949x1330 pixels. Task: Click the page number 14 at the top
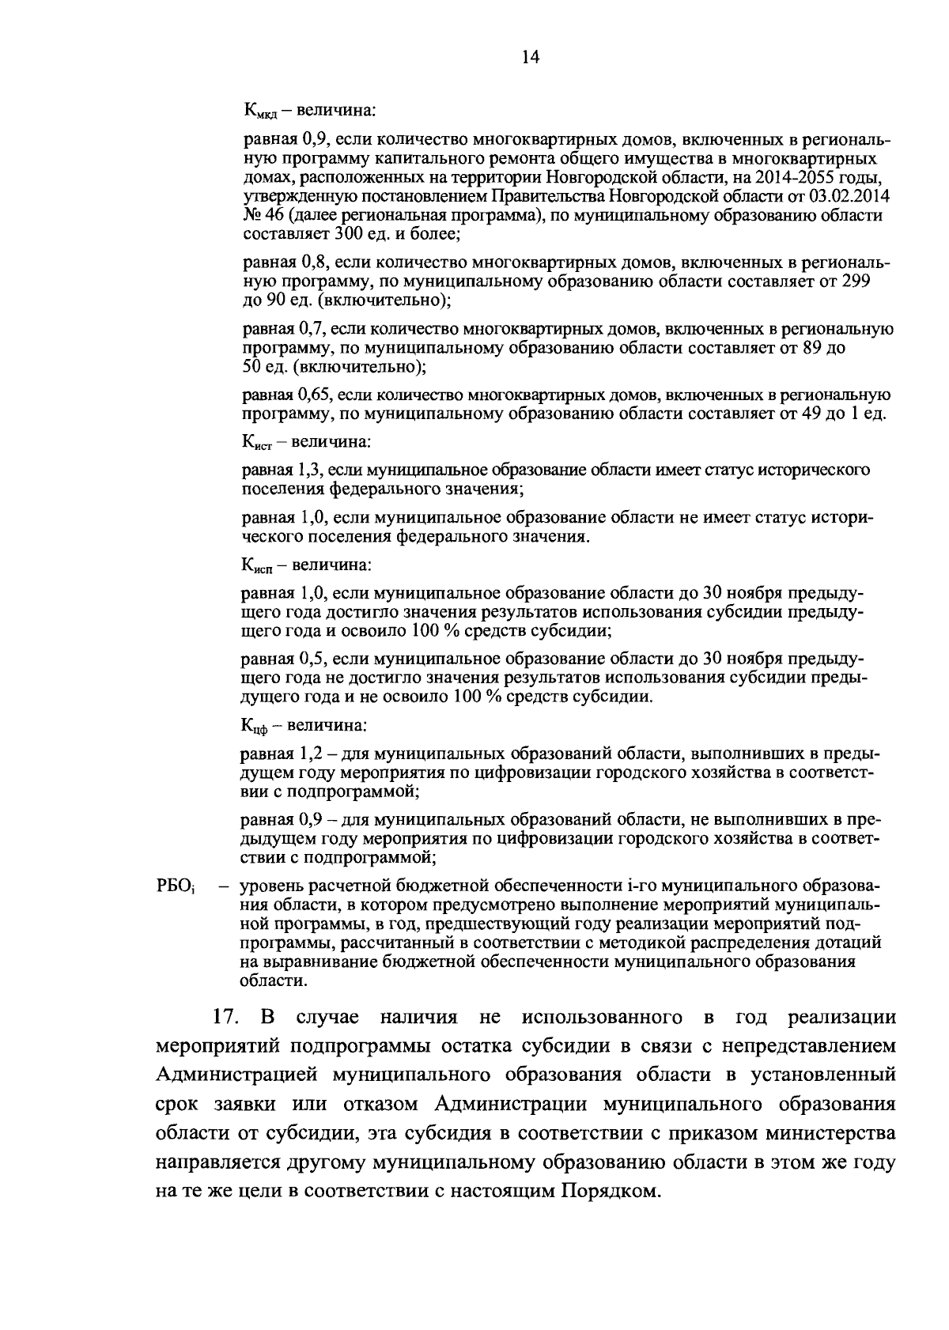tap(531, 58)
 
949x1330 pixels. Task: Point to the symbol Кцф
tap(255, 725)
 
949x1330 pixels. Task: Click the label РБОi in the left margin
tap(176, 887)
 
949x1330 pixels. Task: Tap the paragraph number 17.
tap(225, 1016)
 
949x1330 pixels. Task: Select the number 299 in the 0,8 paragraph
tap(856, 282)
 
